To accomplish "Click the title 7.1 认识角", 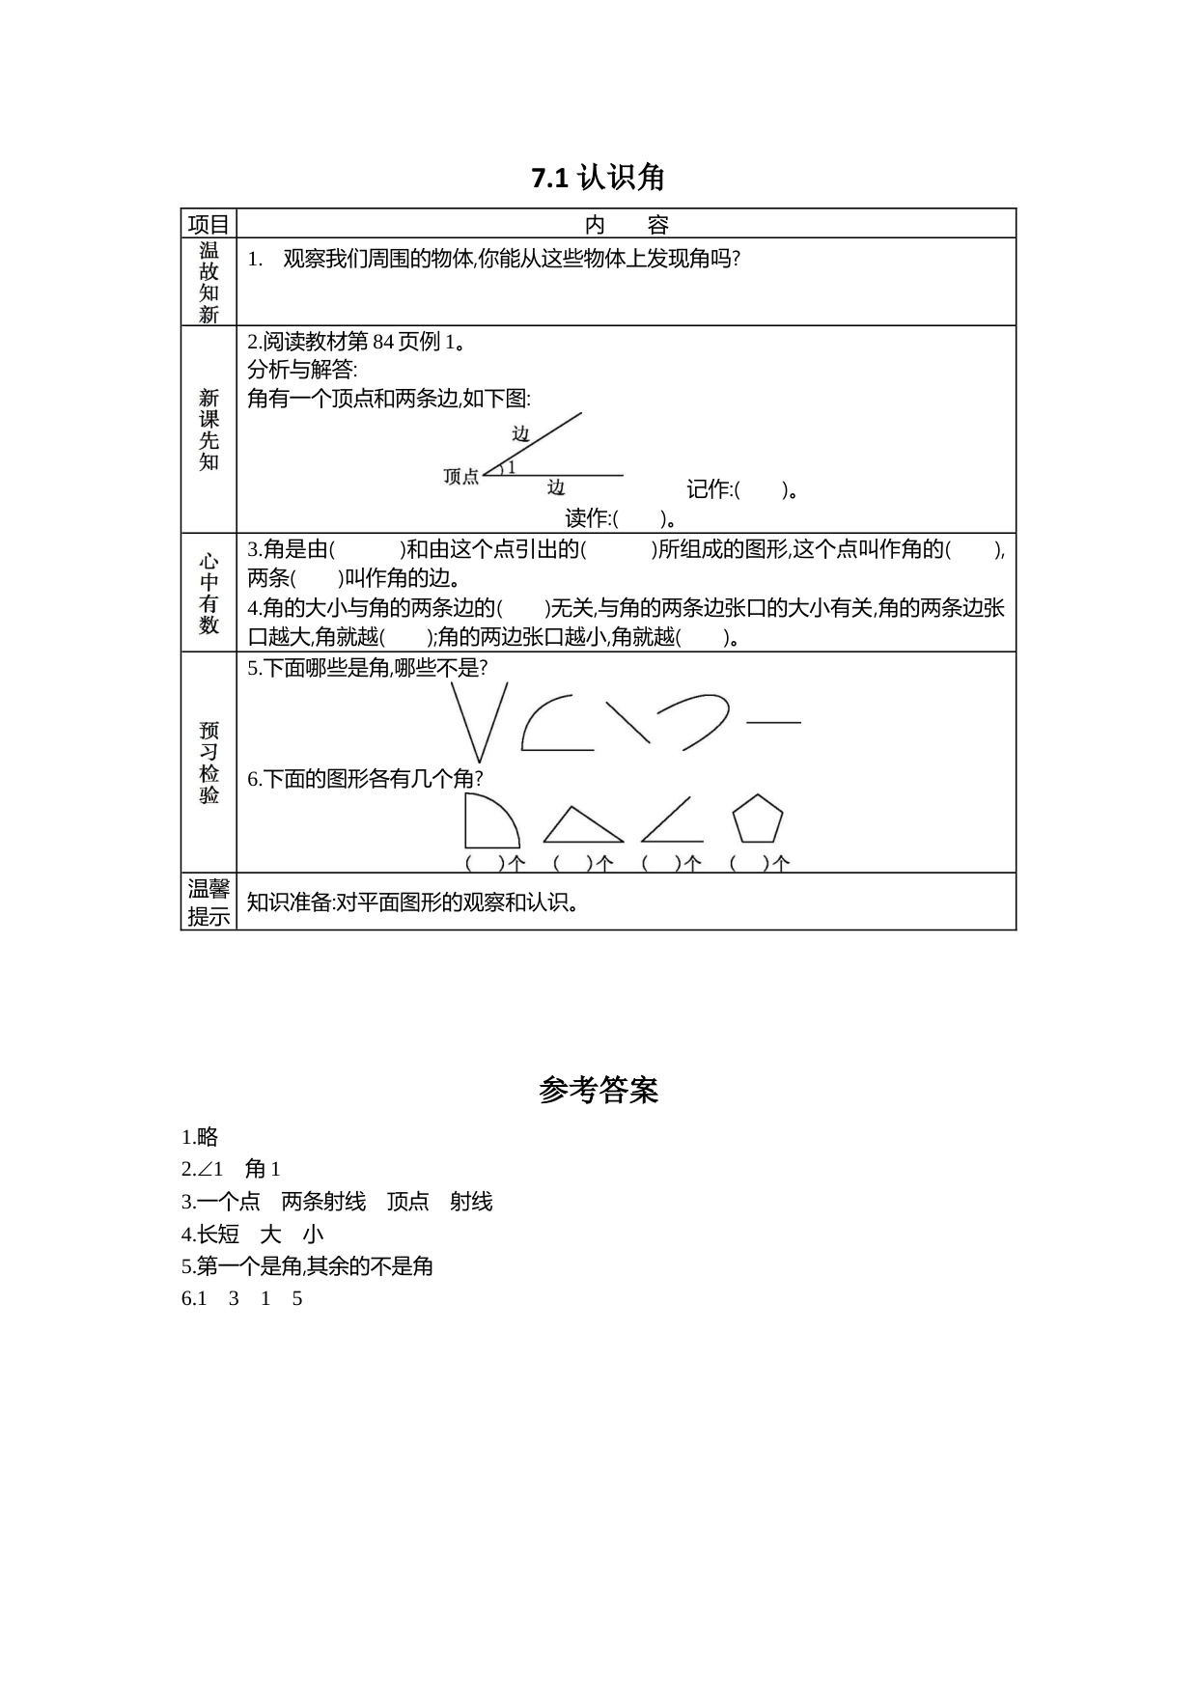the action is tap(599, 178).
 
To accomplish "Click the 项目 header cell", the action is tap(209, 224).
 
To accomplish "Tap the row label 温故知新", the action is tap(209, 282).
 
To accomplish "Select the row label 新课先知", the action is tap(209, 430).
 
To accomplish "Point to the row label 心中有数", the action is tap(209, 593).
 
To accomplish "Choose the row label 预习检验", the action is tap(209, 763).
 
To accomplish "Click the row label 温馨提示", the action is tap(209, 902).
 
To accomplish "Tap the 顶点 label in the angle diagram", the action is tap(460, 476).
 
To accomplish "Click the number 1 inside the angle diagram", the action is tap(512, 467).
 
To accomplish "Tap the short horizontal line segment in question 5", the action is tap(773, 722).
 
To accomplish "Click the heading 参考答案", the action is tap(599, 1090).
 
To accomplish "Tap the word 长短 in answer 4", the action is tap(218, 1234).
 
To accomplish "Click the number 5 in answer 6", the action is tap(297, 1298).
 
